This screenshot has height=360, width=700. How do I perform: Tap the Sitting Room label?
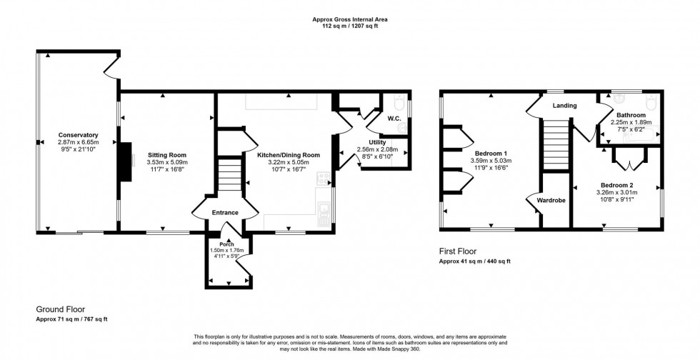tap(167, 154)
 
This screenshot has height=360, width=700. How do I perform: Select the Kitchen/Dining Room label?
tap(289, 154)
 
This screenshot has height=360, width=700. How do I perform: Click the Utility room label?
tap(376, 143)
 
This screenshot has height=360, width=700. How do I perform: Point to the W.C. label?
tap(394, 119)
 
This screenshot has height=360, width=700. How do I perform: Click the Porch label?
tap(227, 243)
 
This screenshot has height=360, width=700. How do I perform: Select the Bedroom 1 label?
tap(491, 154)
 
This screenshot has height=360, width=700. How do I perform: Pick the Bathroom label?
tap(631, 115)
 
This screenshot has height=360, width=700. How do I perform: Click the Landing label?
tap(564, 106)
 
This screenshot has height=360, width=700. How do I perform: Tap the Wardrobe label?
tap(550, 201)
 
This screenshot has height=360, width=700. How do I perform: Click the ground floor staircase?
tap(230, 176)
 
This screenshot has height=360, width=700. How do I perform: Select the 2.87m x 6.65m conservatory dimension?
tap(79, 143)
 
